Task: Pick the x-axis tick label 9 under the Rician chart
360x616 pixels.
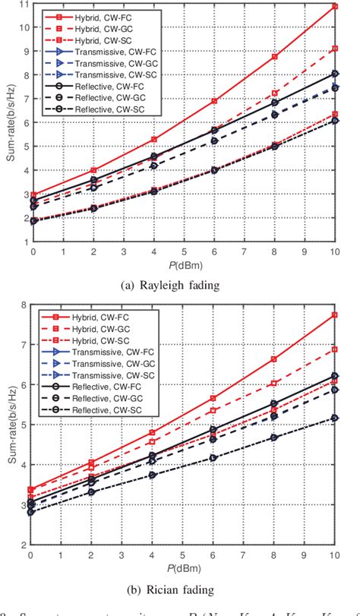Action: pyautogui.click(x=305, y=555)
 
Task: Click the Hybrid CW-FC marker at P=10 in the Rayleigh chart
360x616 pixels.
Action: pyautogui.click(x=335, y=6)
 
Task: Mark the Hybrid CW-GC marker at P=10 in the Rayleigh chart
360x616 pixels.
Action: pyautogui.click(x=335, y=49)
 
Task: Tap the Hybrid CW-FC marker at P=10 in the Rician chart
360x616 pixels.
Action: pyautogui.click(x=335, y=314)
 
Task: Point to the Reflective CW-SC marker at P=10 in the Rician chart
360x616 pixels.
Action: pyautogui.click(x=335, y=418)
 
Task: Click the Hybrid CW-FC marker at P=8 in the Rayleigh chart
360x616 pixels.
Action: pyautogui.click(x=274, y=57)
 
